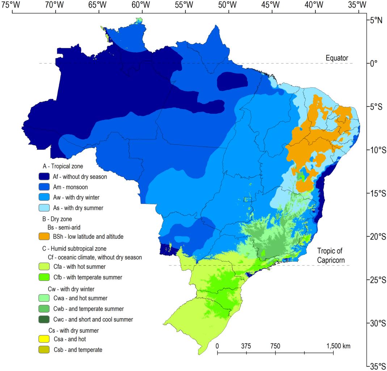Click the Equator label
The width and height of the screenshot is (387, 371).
click(336, 58)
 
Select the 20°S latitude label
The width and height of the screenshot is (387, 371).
click(377, 236)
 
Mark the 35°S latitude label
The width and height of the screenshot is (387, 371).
click(377, 366)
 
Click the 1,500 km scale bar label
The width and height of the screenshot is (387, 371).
click(338, 346)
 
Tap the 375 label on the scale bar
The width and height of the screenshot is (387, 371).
click(246, 346)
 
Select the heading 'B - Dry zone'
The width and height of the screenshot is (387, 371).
click(57, 219)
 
